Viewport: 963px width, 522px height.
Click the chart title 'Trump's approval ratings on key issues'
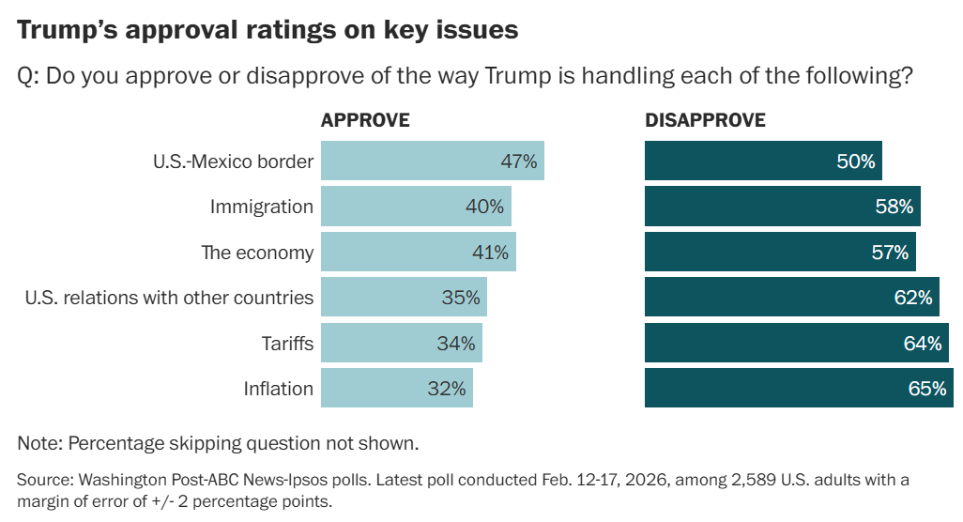(267, 29)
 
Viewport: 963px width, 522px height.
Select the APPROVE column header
(365, 120)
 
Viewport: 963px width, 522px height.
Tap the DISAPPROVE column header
(705, 120)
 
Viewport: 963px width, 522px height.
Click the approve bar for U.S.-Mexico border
(432, 161)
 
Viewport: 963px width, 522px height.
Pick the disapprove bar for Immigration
(782, 207)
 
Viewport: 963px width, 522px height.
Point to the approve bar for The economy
(418, 252)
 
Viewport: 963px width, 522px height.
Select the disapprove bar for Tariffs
(796, 343)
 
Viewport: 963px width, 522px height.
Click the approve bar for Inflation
(396, 388)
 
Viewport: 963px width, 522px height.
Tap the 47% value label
(518, 161)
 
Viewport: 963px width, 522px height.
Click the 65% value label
(926, 388)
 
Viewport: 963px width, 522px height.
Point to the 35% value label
(461, 298)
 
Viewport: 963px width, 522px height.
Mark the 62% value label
(912, 298)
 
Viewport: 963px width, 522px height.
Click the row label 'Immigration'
(261, 207)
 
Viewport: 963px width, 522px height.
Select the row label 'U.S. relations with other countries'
(169, 298)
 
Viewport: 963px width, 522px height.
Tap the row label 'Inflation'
(278, 388)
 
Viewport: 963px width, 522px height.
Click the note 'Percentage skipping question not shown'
(218, 442)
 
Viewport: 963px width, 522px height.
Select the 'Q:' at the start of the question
(28, 75)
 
